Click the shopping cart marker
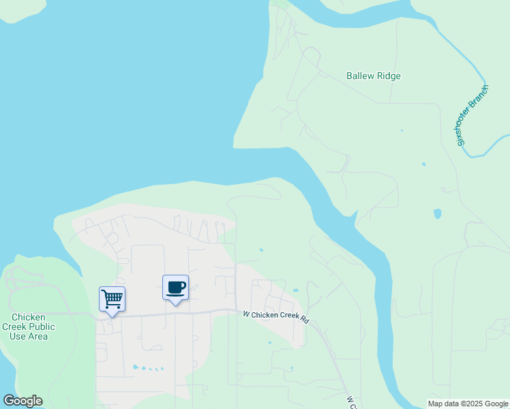112,299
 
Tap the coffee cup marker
175,288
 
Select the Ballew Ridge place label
373,76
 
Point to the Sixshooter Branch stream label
473,115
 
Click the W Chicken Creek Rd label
276,318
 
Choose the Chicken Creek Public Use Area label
28,327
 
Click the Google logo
22,401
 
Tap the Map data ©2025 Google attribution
468,404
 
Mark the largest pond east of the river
437,213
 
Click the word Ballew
361,76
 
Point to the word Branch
483,94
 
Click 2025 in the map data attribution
468,404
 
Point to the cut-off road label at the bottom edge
350,402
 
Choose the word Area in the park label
37,336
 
